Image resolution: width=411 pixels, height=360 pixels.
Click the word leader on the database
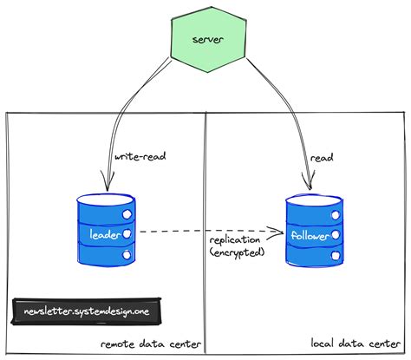(104, 233)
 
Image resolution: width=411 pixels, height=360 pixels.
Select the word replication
(237, 239)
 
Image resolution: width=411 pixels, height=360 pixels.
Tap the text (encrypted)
(238, 252)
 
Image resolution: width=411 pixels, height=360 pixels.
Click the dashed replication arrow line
(191, 232)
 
